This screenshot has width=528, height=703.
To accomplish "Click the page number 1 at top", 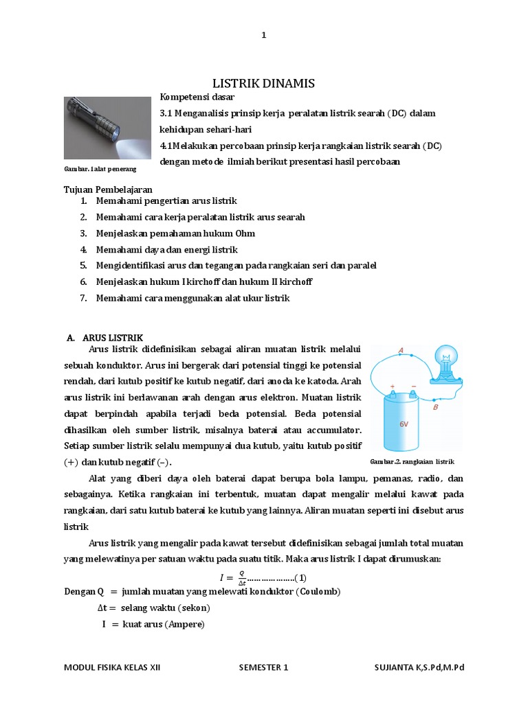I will (263, 36).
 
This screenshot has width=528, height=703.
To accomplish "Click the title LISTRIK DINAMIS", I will (263, 83).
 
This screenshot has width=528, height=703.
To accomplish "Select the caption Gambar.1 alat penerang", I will (100, 168).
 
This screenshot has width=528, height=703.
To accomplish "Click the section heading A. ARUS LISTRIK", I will (104, 338).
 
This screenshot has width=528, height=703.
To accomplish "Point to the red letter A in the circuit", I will (401, 350).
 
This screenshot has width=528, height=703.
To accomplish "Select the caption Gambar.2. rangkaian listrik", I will (412, 461).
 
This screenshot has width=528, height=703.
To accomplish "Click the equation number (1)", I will (300, 576).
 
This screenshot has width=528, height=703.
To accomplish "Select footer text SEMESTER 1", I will (264, 667).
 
